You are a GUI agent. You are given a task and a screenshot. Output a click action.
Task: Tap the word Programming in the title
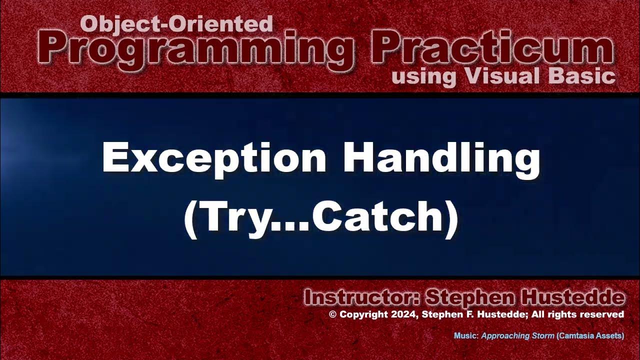pyautogui.click(x=195, y=49)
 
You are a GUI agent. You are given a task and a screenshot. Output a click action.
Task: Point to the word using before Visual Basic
pyautogui.click(x=423, y=77)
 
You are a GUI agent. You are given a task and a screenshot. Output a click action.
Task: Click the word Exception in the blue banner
pyautogui.click(x=214, y=157)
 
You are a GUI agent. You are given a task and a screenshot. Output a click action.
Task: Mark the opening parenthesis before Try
pyautogui.click(x=190, y=218)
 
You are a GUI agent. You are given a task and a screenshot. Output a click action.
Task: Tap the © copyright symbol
pyautogui.click(x=333, y=314)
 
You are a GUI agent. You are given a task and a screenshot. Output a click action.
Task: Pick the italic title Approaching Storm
pyautogui.click(x=517, y=336)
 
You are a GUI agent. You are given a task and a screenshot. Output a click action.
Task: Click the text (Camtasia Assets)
pyautogui.click(x=590, y=336)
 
